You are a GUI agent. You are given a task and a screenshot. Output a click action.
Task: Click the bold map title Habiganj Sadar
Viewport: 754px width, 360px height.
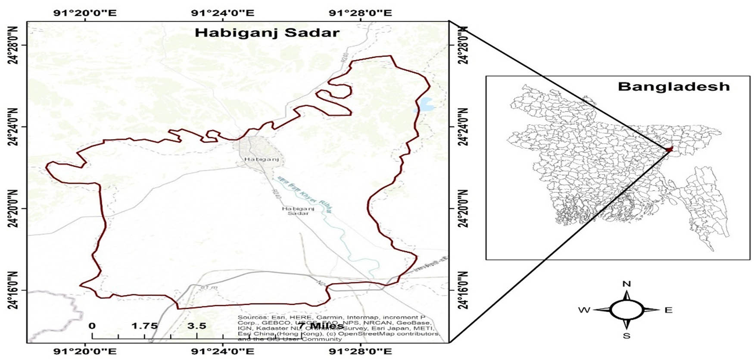pyautogui.click(x=267, y=33)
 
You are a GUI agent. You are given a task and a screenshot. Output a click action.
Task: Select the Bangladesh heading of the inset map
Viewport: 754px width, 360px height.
pyautogui.click(x=673, y=87)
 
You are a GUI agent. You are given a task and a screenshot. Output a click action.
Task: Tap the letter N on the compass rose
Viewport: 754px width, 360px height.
pyautogui.click(x=627, y=284)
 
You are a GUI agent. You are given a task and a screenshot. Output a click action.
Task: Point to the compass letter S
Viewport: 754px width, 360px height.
pyautogui.click(x=627, y=336)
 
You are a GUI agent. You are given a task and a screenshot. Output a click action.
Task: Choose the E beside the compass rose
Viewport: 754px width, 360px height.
pyautogui.click(x=668, y=310)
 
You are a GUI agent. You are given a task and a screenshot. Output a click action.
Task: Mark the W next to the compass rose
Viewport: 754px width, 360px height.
pyautogui.click(x=584, y=310)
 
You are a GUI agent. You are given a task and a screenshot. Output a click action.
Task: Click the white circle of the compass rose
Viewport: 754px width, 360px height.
pyautogui.click(x=627, y=310)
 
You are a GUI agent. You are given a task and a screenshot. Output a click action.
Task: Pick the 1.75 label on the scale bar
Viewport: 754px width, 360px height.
pyautogui.click(x=144, y=326)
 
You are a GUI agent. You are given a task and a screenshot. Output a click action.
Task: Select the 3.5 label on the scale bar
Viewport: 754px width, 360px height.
pyautogui.click(x=197, y=326)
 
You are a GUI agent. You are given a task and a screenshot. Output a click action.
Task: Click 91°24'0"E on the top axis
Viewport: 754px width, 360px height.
pyautogui.click(x=223, y=13)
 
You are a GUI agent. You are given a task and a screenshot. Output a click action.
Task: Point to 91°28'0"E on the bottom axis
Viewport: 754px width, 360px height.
pyautogui.click(x=360, y=351)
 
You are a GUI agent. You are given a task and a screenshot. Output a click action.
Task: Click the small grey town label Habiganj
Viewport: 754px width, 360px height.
pyautogui.click(x=262, y=159)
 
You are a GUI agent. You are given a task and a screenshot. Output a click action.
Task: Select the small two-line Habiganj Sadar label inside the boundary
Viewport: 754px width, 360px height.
pyautogui.click(x=298, y=211)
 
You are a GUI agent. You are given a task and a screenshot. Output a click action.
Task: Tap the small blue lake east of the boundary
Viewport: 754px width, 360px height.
pyautogui.click(x=423, y=104)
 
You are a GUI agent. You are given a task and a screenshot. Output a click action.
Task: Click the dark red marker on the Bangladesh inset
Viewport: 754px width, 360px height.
pyautogui.click(x=668, y=149)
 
